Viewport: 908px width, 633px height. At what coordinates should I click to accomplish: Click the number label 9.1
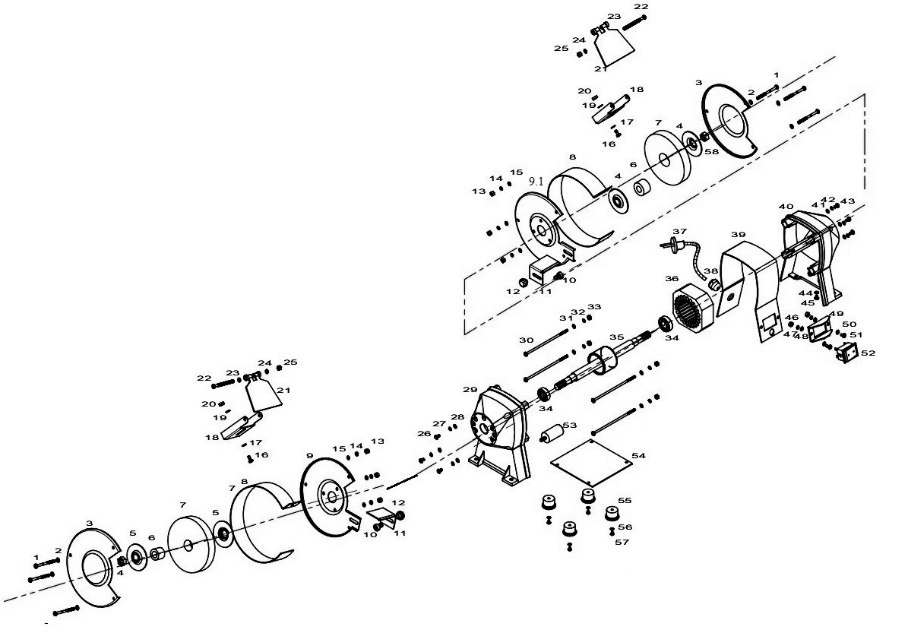536,182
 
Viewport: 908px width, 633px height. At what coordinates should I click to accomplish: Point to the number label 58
712,151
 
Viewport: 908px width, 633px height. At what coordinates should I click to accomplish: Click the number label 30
526,340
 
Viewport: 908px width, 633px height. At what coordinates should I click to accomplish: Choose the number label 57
622,542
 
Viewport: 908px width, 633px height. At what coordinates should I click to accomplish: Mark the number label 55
625,500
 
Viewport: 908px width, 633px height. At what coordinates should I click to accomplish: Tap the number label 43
848,201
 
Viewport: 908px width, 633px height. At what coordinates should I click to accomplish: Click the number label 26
424,433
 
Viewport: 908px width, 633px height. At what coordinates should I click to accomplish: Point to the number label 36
671,279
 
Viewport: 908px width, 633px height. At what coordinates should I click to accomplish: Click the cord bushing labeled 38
714,283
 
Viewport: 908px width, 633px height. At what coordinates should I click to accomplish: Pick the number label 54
638,456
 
